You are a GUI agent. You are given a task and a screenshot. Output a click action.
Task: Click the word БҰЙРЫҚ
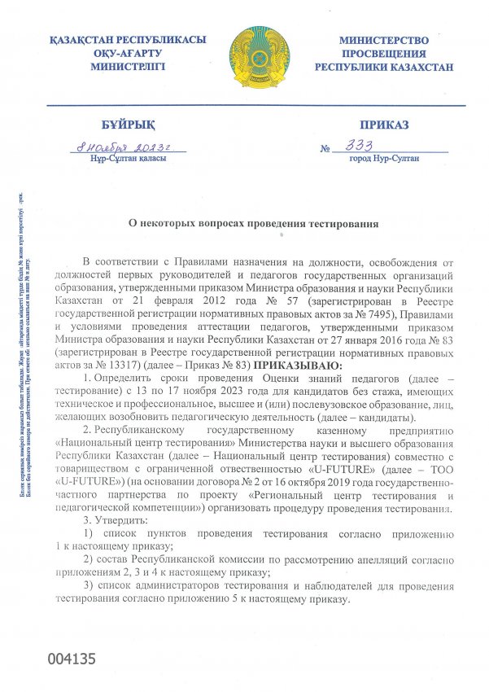coord(128,125)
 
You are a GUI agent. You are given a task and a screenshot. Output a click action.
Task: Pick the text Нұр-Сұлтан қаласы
coord(129,158)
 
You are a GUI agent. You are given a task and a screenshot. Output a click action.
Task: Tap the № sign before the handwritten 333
coord(326,149)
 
